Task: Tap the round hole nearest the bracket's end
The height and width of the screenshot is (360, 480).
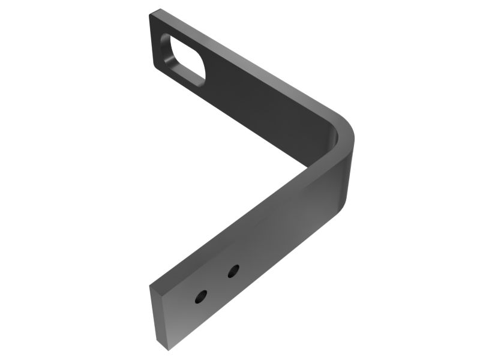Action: pos(202,296)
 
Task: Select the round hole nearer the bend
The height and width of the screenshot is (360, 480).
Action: pos(233,271)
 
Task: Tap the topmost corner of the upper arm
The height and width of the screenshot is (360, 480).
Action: pos(157,10)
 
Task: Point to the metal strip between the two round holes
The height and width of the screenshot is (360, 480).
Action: pos(217,284)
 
